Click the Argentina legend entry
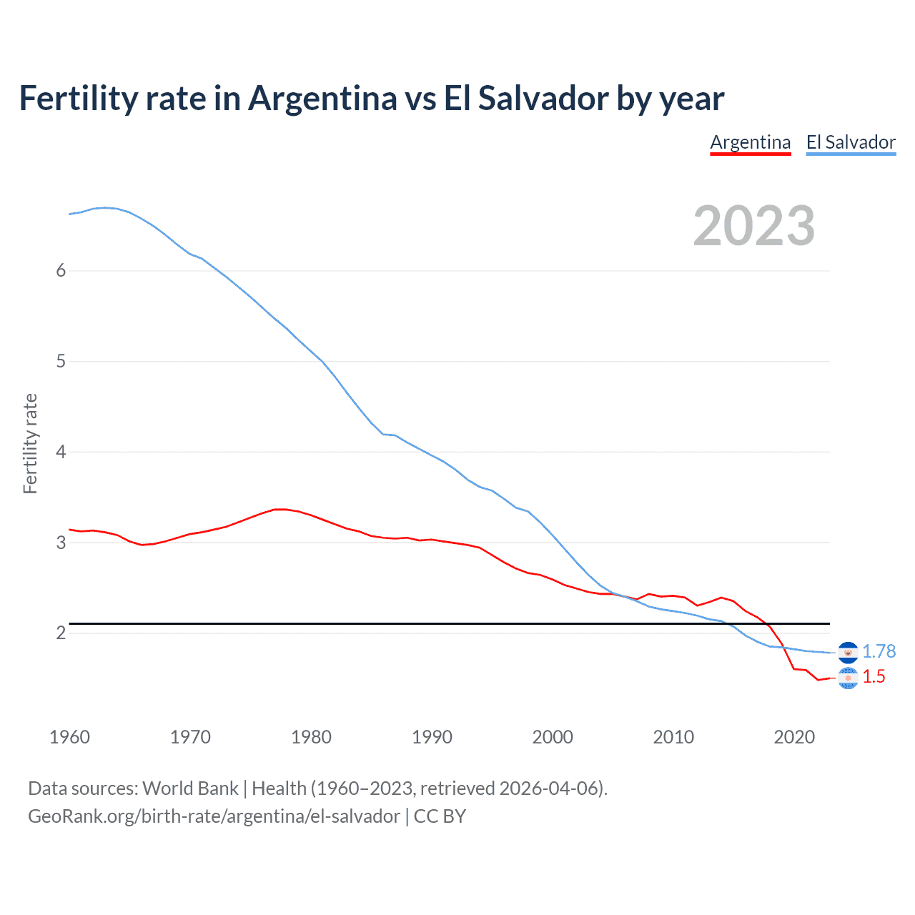(x=750, y=142)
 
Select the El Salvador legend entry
(x=851, y=142)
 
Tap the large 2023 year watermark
(x=753, y=226)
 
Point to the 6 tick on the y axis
(x=61, y=270)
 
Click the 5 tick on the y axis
(x=61, y=361)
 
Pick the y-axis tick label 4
(x=61, y=452)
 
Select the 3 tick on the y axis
(x=61, y=543)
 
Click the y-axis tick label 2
(x=61, y=633)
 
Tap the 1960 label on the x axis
(x=69, y=737)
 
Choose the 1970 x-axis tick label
(x=190, y=737)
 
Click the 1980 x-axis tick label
(x=311, y=737)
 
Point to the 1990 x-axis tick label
(x=432, y=737)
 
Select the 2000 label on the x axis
(x=553, y=737)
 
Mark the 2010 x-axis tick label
(x=673, y=737)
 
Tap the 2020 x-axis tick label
(x=794, y=737)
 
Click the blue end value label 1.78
(x=879, y=651)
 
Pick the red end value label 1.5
(x=874, y=676)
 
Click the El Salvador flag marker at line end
(x=848, y=653)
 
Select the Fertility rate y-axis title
(x=30, y=443)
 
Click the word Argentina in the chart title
(x=322, y=98)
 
